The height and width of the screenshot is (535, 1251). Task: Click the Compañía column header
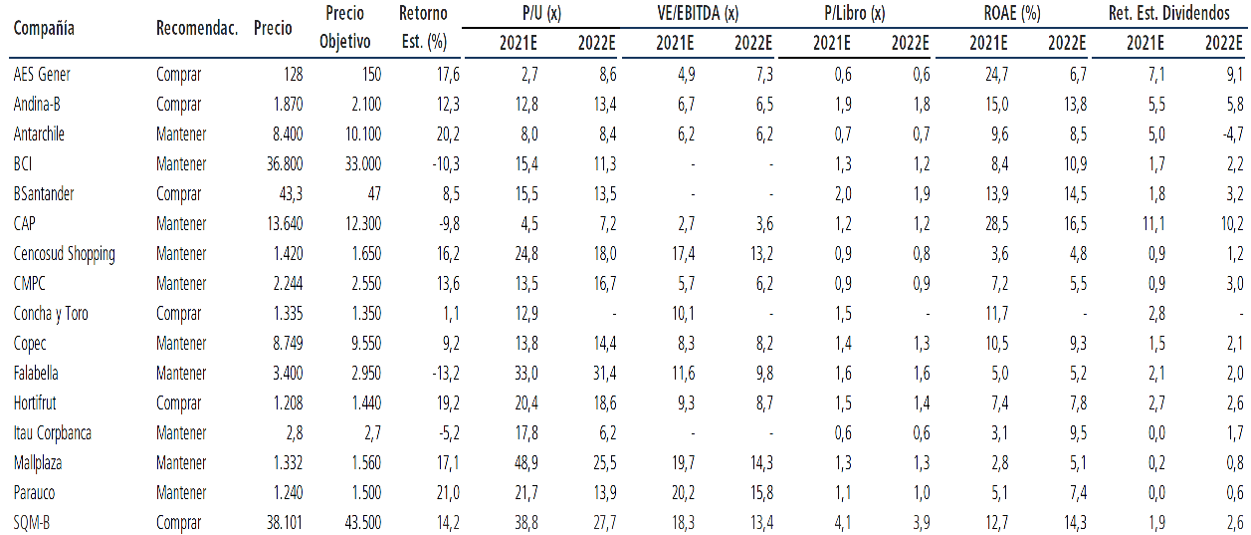pyautogui.click(x=44, y=28)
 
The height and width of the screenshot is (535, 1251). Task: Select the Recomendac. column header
pyautogui.click(x=197, y=28)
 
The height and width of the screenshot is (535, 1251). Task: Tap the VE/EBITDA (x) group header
pyautogui.click(x=698, y=13)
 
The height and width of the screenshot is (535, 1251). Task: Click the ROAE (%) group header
pyautogui.click(x=1011, y=13)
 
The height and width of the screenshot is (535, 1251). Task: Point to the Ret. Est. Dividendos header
pyautogui.click(x=1169, y=13)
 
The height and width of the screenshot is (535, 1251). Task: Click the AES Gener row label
pyautogui.click(x=42, y=74)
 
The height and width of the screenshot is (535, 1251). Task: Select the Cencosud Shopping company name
pyautogui.click(x=65, y=254)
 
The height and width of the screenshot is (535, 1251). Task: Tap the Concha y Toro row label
pyautogui.click(x=51, y=314)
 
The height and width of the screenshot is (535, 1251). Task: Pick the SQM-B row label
pyautogui.click(x=31, y=523)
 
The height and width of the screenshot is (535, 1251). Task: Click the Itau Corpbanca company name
pyautogui.click(x=53, y=433)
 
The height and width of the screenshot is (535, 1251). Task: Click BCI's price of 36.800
pyautogui.click(x=285, y=163)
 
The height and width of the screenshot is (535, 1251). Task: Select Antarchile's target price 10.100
pyautogui.click(x=363, y=134)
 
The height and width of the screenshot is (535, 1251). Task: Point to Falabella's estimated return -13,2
pyautogui.click(x=446, y=374)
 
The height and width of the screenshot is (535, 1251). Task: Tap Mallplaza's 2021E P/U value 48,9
pyautogui.click(x=526, y=463)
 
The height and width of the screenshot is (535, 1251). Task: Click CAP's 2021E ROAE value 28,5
pyautogui.click(x=997, y=223)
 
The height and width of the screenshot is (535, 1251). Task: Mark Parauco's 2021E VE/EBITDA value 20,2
pyautogui.click(x=684, y=493)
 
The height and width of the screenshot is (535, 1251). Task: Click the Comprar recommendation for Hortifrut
pyautogui.click(x=178, y=403)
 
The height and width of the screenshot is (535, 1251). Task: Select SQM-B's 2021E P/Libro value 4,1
pyautogui.click(x=843, y=523)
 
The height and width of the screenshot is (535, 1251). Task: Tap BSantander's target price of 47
pyautogui.click(x=374, y=194)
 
